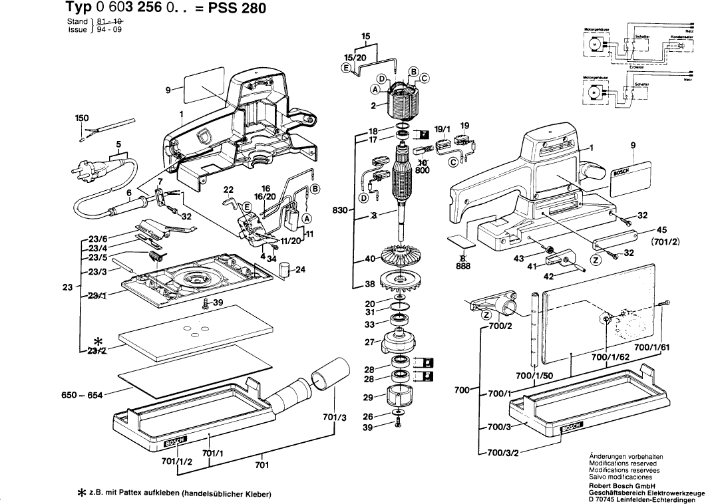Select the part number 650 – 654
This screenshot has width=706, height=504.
(81, 395)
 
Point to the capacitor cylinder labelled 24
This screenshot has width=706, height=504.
(285, 270)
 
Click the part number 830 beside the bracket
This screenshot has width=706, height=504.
(340, 209)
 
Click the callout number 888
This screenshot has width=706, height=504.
(463, 267)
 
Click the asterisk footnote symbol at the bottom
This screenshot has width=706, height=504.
(83, 493)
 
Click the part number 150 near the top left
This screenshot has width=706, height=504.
(81, 118)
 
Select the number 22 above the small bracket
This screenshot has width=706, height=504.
(228, 189)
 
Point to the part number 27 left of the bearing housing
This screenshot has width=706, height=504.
(367, 342)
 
